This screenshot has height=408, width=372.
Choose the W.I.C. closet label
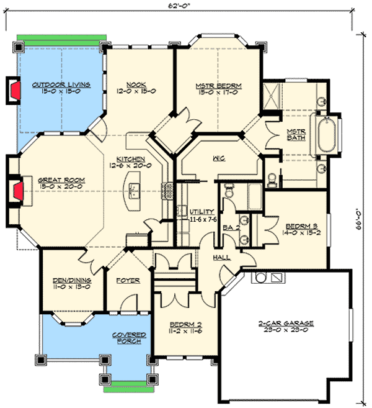pos(218,158)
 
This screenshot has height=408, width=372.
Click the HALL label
pos(221,256)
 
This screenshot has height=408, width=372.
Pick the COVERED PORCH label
pos(129,338)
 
